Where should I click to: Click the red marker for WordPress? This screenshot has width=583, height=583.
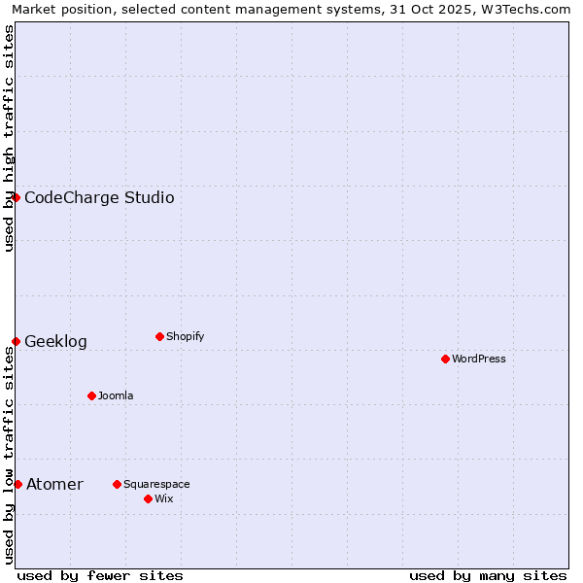[445, 359]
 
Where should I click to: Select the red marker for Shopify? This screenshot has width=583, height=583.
[159, 336]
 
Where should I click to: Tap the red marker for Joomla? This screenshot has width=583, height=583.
[91, 395]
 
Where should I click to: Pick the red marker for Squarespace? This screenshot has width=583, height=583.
[117, 484]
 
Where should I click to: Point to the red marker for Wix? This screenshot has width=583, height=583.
[148, 498]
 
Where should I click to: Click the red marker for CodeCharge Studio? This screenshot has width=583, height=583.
[16, 197]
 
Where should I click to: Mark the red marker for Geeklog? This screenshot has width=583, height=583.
[16, 341]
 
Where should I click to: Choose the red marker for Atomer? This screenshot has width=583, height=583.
[17, 484]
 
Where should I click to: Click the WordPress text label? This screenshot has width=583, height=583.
[479, 359]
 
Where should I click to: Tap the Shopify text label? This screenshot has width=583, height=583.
[185, 336]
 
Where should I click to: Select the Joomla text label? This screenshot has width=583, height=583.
[116, 395]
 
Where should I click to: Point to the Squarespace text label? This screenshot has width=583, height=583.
[156, 484]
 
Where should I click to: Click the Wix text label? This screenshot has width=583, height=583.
[163, 498]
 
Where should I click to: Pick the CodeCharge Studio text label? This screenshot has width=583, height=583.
[99, 198]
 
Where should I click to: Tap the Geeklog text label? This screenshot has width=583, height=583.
[55, 342]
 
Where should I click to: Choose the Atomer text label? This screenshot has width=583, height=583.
[54, 485]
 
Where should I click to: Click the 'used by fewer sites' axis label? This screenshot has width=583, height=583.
[100, 575]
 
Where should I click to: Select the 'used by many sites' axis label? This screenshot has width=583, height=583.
[488, 575]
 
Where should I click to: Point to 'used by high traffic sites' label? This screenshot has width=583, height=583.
[9, 138]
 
